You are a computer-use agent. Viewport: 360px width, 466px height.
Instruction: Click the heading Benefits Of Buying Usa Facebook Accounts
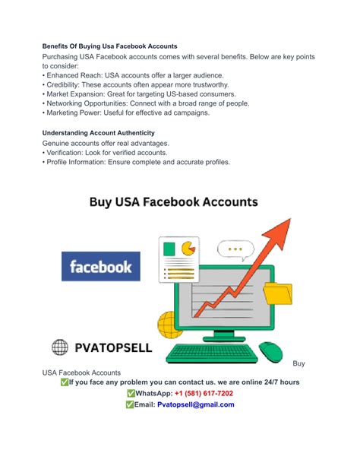coord(110,46)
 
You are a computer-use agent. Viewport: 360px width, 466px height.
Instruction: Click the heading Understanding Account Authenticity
coord(99,132)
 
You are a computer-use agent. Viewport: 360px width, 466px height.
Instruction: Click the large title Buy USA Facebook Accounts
coord(173,202)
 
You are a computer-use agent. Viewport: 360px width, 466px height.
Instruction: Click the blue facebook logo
coord(101,266)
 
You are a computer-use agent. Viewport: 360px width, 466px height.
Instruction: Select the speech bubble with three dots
coord(235,249)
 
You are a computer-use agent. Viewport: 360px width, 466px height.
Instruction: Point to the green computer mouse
coord(270,351)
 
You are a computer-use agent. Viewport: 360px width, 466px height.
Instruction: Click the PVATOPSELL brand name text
coord(113,348)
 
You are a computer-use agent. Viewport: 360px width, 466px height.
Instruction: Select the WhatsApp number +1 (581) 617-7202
coord(204,393)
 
